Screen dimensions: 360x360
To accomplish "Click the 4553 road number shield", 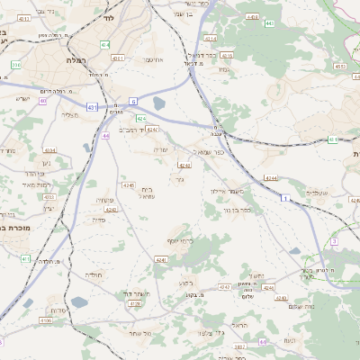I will tap(338, 66).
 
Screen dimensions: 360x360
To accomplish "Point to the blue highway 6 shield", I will tap(133, 101).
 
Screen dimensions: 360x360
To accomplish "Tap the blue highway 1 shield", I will tap(285, 197).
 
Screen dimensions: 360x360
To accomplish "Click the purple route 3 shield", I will tap(334, 241).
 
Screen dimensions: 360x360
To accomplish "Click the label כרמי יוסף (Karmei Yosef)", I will tap(181, 241).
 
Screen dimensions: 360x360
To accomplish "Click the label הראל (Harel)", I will tap(238, 324).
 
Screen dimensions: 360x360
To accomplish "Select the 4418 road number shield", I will tap(252, 17).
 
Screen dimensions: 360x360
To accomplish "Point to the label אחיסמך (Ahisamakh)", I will tap(153, 59).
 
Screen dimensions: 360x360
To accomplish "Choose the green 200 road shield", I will tap(16, 66).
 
